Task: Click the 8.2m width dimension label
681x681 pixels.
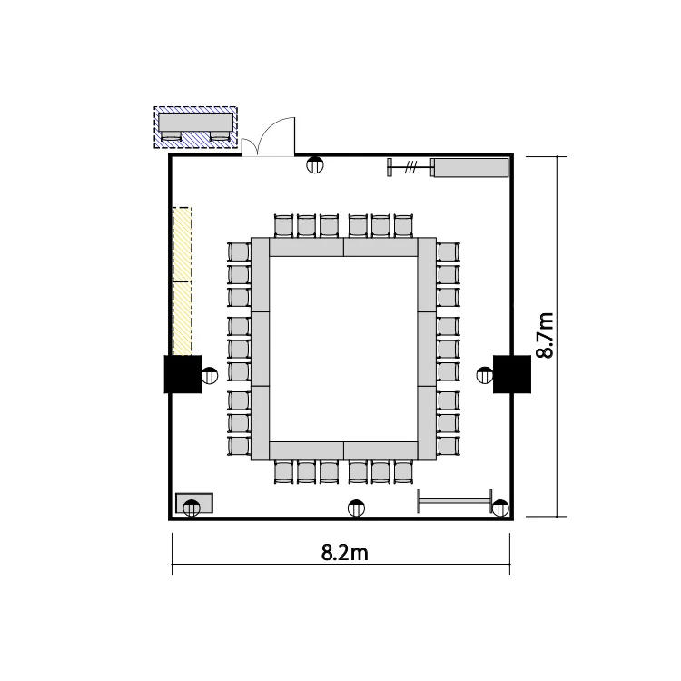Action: pyautogui.click(x=344, y=553)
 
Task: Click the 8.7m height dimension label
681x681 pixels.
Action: pyautogui.click(x=545, y=335)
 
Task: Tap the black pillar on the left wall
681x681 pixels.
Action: pyautogui.click(x=183, y=374)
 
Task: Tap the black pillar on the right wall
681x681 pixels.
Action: pyautogui.click(x=511, y=374)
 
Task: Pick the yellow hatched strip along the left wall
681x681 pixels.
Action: pyautogui.click(x=182, y=281)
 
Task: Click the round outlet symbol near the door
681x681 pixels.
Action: pyautogui.click(x=315, y=164)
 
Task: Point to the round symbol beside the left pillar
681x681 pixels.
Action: pyautogui.click(x=210, y=375)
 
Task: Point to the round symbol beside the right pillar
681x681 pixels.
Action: pyautogui.click(x=485, y=375)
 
